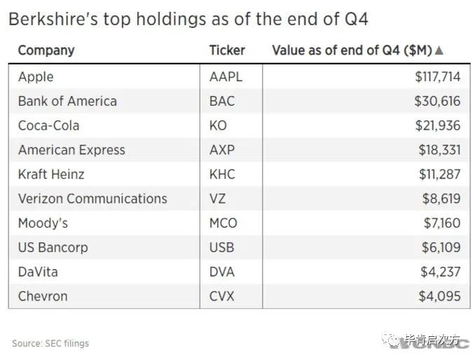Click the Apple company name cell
pyautogui.click(x=36, y=77)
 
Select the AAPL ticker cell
pyautogui.click(x=225, y=77)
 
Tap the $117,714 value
pyautogui.click(x=437, y=77)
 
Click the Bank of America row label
pyautogui.click(x=67, y=102)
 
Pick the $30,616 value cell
pyautogui.click(x=437, y=102)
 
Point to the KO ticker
pyautogui.click(x=218, y=126)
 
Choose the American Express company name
pyautogui.click(x=71, y=150)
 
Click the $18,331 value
pyautogui.click(x=437, y=150)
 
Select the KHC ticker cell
pyautogui.click(x=222, y=174)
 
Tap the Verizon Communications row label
pyautogui.click(x=92, y=199)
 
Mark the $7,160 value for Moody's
pyautogui.click(x=441, y=223)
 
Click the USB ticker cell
pyautogui.click(x=222, y=247)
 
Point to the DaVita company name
pyautogui.click(x=38, y=272)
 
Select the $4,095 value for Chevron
pyautogui.click(x=440, y=296)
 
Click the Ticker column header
pyautogui.click(x=227, y=50)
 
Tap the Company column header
pyautogui.click(x=46, y=50)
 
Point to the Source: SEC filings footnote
pyautogui.click(x=50, y=343)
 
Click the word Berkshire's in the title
pyautogui.click(x=53, y=19)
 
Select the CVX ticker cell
pyautogui.click(x=223, y=296)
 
